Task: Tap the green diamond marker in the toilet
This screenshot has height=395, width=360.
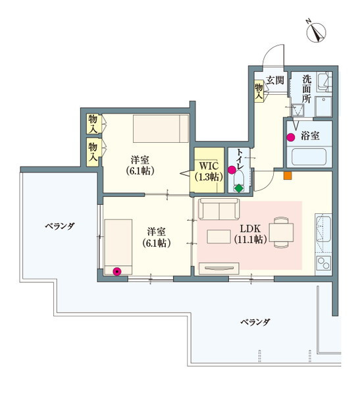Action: (x=238, y=188)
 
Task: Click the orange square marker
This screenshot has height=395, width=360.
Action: (x=286, y=175)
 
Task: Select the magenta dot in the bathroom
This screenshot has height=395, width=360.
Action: (x=290, y=137)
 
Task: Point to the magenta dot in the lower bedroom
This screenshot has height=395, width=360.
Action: (x=117, y=270)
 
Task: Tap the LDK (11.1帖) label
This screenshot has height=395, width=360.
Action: (x=250, y=234)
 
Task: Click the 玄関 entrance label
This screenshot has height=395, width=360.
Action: (x=274, y=81)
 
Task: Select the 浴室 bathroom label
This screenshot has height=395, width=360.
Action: (x=311, y=136)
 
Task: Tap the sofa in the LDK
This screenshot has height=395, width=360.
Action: (x=219, y=210)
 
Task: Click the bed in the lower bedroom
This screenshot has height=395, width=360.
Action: (x=116, y=246)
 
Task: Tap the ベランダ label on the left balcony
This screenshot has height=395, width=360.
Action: (x=59, y=226)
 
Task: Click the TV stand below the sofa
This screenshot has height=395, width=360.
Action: (x=220, y=267)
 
